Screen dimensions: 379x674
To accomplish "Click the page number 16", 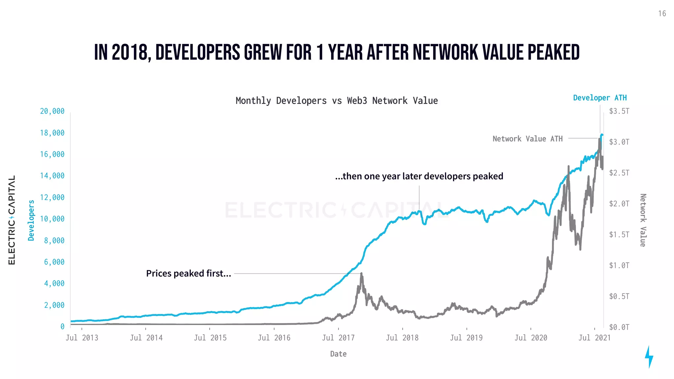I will click(662, 14).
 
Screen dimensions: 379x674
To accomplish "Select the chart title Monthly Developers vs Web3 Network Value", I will click(337, 101).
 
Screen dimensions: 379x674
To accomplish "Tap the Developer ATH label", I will click(600, 98).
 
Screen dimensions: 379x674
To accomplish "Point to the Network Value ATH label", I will click(527, 139).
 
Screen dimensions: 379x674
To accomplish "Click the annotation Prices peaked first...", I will click(189, 273).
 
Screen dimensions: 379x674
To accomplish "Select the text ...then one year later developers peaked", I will click(419, 176).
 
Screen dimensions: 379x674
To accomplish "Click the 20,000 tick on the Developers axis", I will click(52, 111).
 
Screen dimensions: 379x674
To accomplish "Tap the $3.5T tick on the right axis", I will click(619, 111).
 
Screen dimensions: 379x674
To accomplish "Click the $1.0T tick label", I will click(619, 265).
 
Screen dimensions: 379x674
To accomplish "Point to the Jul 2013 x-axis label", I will click(82, 338).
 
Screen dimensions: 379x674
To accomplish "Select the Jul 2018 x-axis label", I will click(402, 338).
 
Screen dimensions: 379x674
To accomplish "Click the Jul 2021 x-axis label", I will click(594, 338).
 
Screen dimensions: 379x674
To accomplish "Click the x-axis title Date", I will click(338, 354).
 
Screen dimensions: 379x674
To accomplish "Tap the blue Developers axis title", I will click(31, 220).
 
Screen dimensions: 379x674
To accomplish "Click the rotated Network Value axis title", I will click(643, 220).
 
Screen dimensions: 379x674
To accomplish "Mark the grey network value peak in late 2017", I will click(361, 274).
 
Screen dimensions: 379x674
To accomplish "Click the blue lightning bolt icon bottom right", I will click(649, 357).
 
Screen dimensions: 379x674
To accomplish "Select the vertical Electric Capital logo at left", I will click(12, 220).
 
